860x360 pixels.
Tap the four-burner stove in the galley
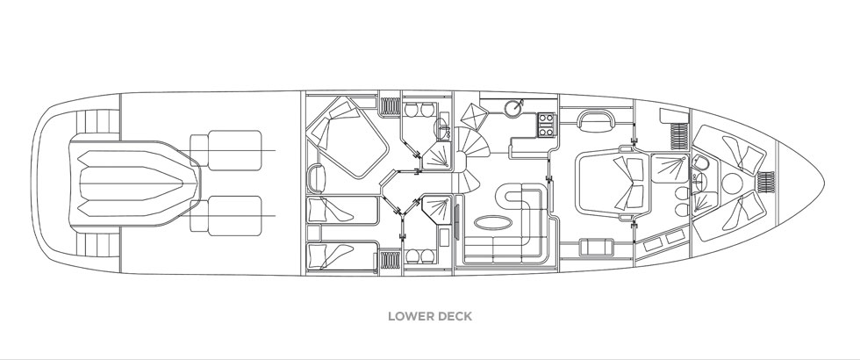click(x=547, y=125)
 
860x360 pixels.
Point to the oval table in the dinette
click(x=493, y=223)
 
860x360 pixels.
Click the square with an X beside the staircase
click(x=474, y=116)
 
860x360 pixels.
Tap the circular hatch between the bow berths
click(x=732, y=184)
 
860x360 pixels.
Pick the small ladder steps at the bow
click(x=766, y=182)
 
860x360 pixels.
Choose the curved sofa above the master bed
click(x=595, y=120)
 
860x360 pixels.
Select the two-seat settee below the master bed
click(x=596, y=247)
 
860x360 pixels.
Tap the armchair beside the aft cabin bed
click(x=318, y=179)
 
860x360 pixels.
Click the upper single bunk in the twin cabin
click(x=342, y=210)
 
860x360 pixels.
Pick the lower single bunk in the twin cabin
click(x=341, y=256)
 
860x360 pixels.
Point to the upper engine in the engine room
click(x=226, y=150)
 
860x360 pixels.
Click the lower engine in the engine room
click(x=226, y=216)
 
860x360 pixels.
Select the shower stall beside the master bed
click(x=670, y=169)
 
